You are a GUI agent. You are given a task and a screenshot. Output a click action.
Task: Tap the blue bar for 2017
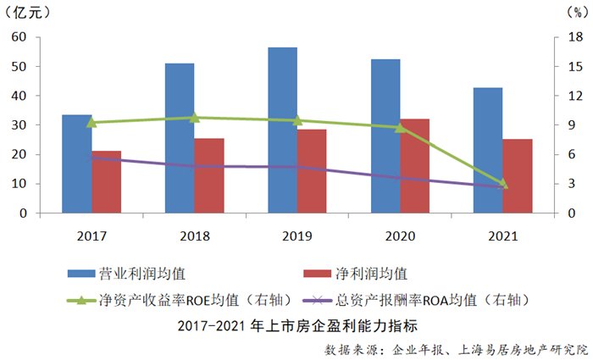point(77,163)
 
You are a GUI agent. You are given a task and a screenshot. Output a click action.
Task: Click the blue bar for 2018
point(180,137)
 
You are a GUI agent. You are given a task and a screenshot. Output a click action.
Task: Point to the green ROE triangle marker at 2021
point(503,184)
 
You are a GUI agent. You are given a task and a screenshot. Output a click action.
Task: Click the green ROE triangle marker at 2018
point(194,118)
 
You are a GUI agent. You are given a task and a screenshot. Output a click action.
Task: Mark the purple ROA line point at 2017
point(91,158)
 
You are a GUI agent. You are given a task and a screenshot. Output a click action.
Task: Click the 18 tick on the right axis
point(574,37)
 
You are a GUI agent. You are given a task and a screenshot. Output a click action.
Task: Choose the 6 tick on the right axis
point(574,154)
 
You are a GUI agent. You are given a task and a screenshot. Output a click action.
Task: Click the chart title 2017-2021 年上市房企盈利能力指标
point(297,325)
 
